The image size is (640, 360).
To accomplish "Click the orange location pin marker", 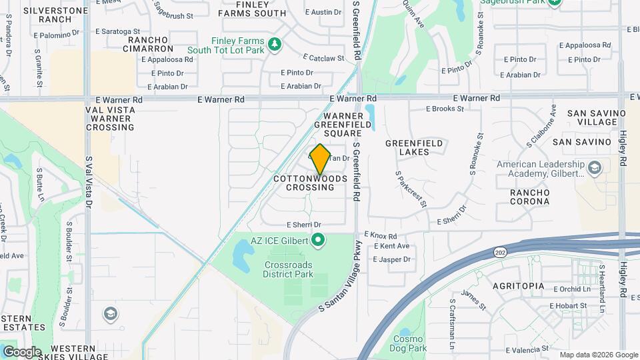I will coord(320,159).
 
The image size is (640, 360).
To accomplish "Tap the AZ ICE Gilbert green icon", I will coord(318,239).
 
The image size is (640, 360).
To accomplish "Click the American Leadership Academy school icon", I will coord(597,168).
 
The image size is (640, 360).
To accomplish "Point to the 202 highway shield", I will coord(500,252).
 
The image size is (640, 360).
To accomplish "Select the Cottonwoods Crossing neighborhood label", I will coord(311,183).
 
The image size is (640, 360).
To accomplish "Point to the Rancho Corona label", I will coord(529,197).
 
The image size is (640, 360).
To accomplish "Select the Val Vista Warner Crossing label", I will coord(110,117).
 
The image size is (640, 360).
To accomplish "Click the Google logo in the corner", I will coord(22,351).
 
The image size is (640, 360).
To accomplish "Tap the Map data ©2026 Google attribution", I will coord(598,355).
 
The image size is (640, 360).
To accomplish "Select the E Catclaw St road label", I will coord(323,58).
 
